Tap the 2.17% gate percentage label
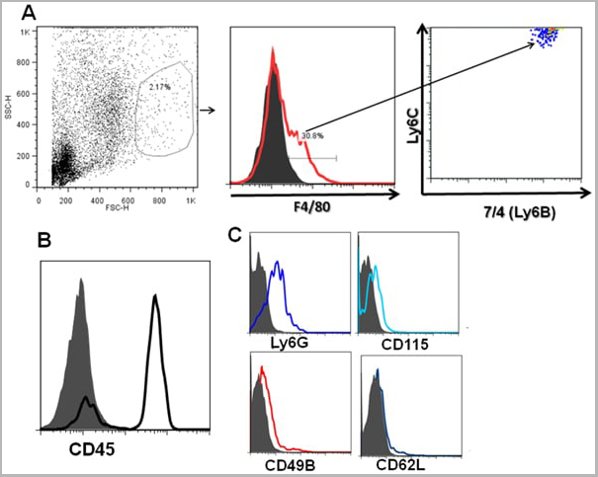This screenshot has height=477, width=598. pyautogui.click(x=158, y=87)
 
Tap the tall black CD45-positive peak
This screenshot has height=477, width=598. pyautogui.click(x=154, y=301)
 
